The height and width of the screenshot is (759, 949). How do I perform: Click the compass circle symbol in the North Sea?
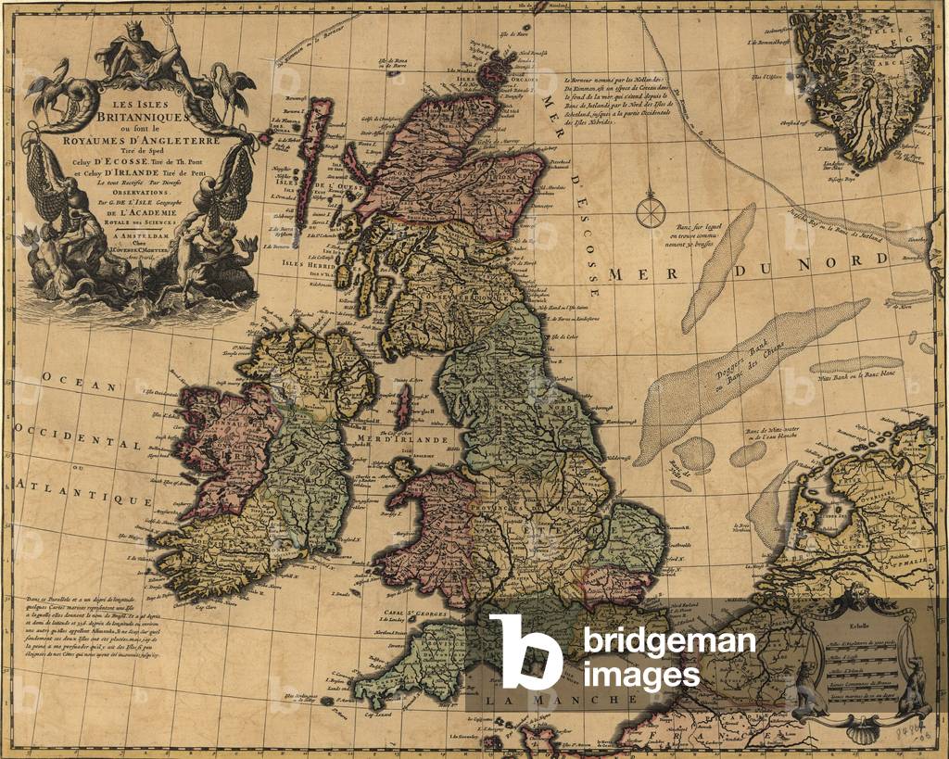tap(650, 211)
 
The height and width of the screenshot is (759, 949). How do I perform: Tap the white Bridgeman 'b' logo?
tap(525, 651)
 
